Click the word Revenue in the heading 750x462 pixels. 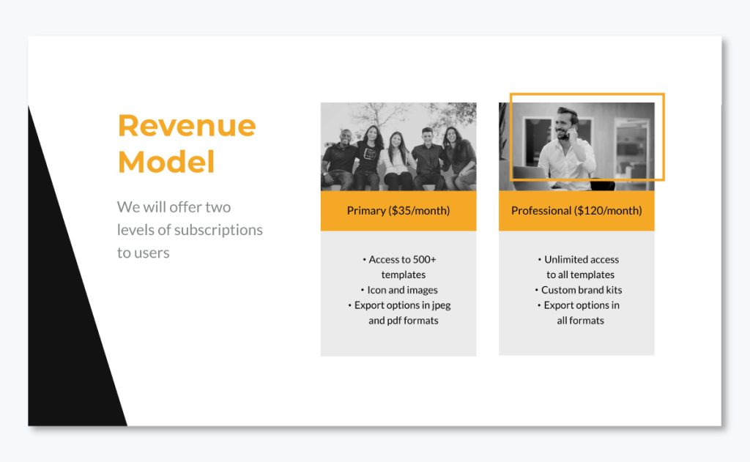click(187, 126)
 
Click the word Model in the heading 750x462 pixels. click(166, 162)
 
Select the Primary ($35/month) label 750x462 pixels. click(398, 211)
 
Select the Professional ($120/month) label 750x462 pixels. click(576, 211)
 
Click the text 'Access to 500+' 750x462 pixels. click(402, 259)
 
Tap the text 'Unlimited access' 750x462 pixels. click(581, 259)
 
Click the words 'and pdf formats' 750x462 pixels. click(403, 321)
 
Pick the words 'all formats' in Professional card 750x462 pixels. click(580, 321)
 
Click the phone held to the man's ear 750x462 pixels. click(572, 134)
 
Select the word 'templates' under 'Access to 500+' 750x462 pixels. click(403, 275)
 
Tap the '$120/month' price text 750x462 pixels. click(608, 211)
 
